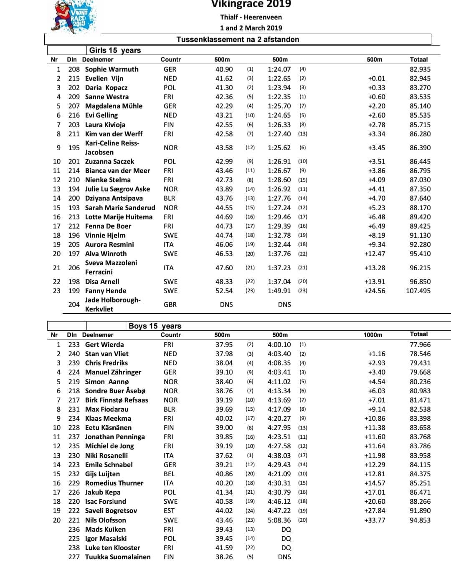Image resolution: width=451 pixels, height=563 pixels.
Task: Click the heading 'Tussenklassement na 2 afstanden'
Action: coord(238,40)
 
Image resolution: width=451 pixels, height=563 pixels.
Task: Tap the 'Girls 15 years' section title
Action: coord(115,50)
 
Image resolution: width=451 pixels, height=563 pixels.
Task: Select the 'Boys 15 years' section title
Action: coord(155,326)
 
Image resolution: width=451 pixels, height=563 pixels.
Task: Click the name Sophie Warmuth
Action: coord(111,69)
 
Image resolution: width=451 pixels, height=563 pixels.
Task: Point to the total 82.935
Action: coord(420,69)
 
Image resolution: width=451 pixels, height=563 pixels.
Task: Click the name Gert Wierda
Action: coord(104,344)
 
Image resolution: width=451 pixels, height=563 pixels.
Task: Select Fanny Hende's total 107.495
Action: coord(418,291)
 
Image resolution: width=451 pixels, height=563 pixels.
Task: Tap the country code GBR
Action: coord(170,304)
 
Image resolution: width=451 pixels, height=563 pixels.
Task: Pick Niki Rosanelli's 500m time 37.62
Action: coord(224,455)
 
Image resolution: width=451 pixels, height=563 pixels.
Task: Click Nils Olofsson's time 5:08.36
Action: coord(279,520)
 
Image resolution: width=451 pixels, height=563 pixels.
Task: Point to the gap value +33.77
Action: coord(375,520)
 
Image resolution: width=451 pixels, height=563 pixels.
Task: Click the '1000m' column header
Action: coord(373,335)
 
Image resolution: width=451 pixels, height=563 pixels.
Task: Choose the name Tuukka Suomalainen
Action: coord(118,557)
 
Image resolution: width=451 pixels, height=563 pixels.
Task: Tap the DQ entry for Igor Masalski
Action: coord(286,538)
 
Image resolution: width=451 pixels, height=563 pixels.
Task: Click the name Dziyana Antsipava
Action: coord(114,198)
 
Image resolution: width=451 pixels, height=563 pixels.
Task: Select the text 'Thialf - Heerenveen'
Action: coord(251,17)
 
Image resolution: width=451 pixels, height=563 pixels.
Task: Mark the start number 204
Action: coord(74,304)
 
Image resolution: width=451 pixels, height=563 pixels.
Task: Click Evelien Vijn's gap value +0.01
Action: coord(377,78)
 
